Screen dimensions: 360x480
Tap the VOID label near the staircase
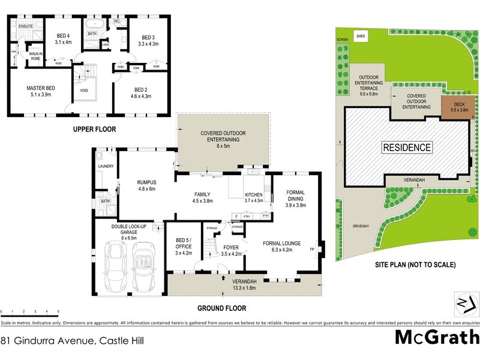[x=83, y=91]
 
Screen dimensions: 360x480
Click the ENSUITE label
[x=26, y=27]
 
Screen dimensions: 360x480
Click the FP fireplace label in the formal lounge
[x=312, y=248]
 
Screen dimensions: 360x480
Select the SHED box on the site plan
[x=362, y=36]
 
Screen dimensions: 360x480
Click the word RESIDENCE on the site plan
[x=407, y=147]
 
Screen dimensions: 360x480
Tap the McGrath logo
[x=436, y=337]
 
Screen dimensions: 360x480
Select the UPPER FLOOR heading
[x=94, y=129]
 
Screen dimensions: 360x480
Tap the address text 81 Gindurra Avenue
[x=72, y=340]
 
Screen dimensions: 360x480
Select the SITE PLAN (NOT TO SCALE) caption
[x=415, y=265]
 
